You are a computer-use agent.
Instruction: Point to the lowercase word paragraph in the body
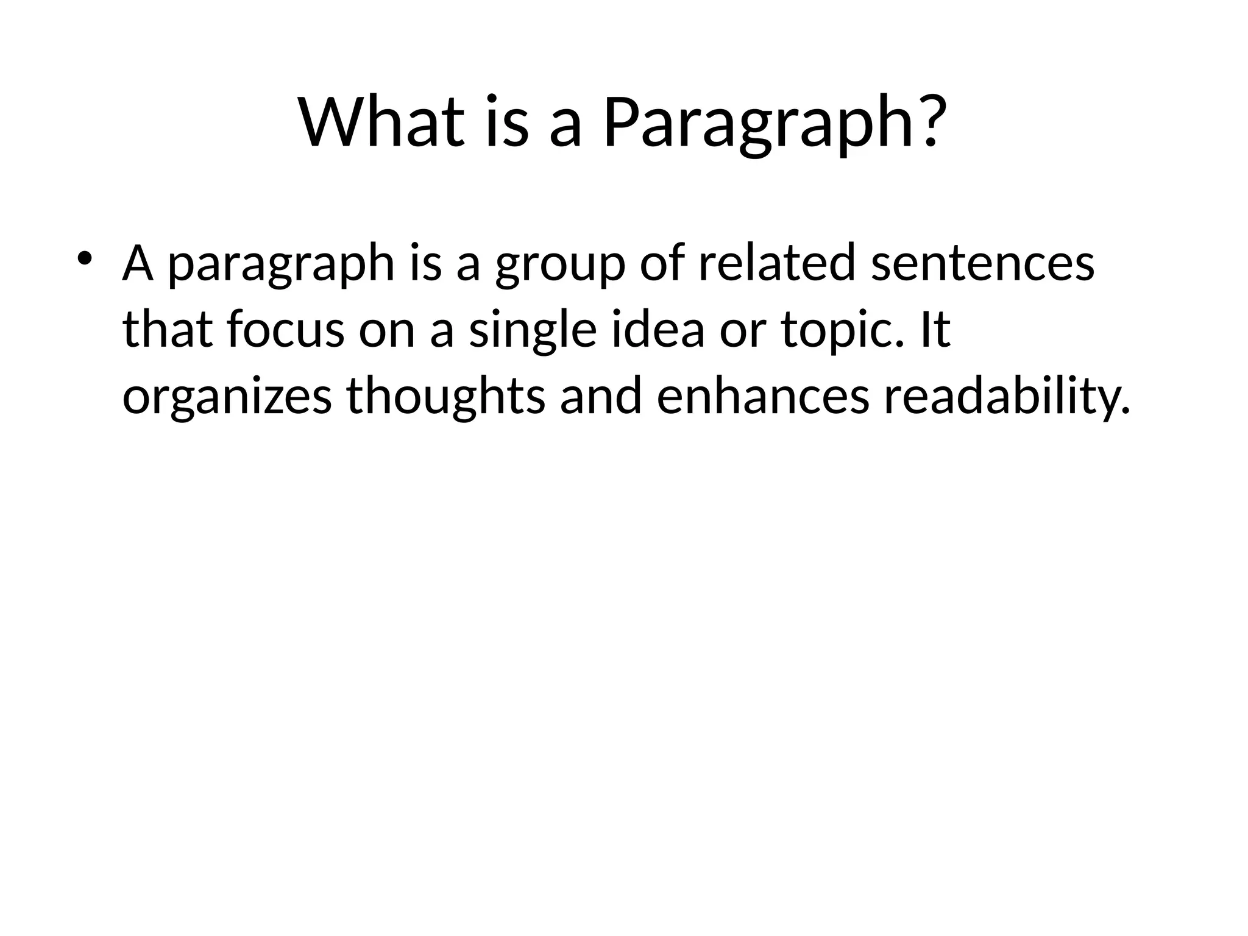(281, 266)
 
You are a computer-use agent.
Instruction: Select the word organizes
(227, 397)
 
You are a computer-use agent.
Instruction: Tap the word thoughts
(446, 397)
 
